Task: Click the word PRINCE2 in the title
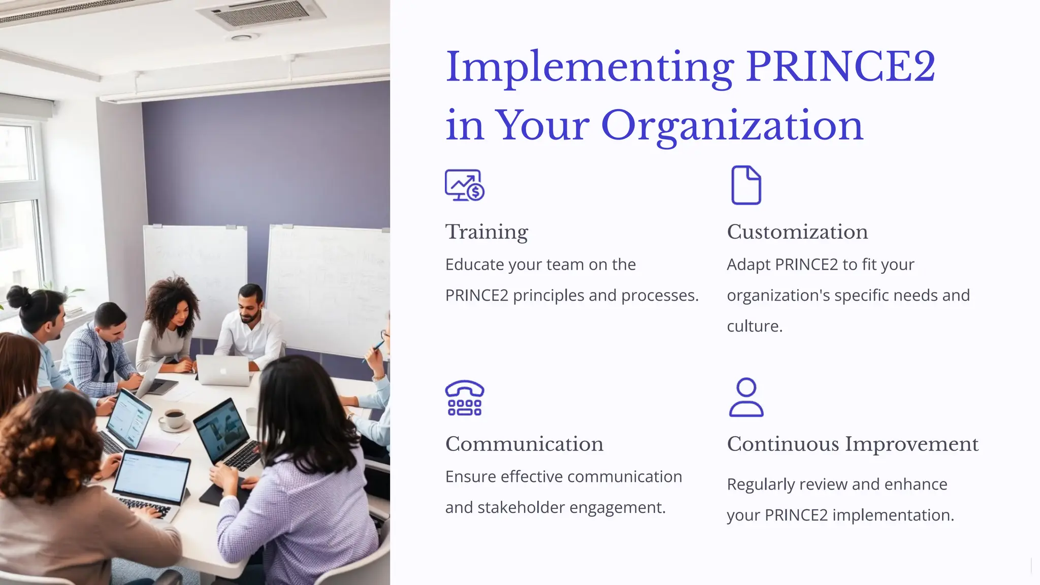[840, 67]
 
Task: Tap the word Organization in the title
[732, 125]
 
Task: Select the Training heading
[486, 232]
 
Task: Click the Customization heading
[797, 232]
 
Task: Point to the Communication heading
[524, 444]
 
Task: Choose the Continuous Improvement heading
[853, 444]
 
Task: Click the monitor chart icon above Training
[464, 185]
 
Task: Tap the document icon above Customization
[746, 185]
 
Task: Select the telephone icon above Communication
[464, 398]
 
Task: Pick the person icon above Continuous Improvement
[746, 398]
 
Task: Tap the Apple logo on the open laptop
[222, 370]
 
